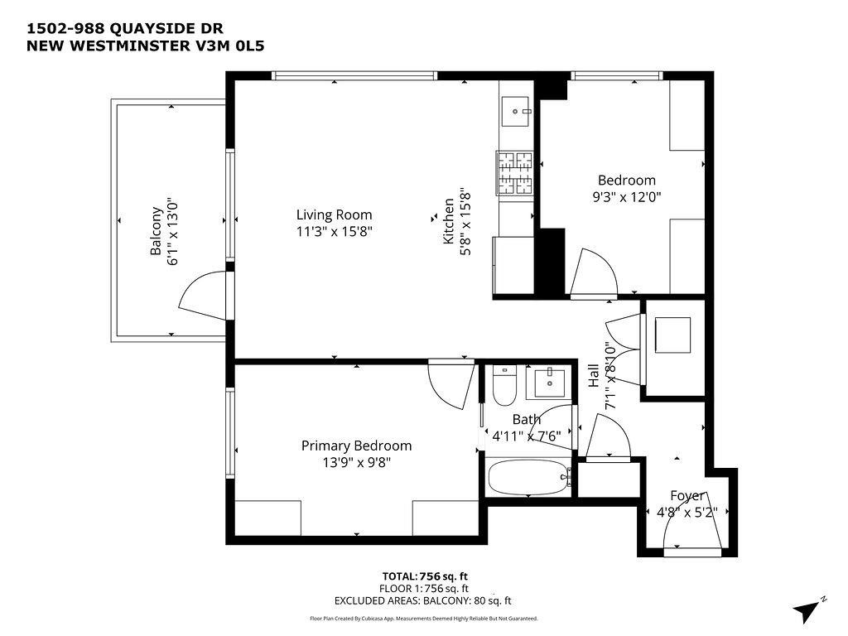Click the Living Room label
click(335, 214)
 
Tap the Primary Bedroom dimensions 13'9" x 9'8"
click(356, 463)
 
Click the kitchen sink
click(517, 109)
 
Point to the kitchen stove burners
click(515, 174)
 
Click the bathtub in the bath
click(527, 478)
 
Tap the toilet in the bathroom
click(503, 387)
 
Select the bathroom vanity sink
click(550, 383)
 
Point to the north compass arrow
click(807, 610)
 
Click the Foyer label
click(687, 495)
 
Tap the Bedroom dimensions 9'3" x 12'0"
click(626, 197)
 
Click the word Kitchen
click(449, 220)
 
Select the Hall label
click(594, 377)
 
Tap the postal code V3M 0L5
click(242, 46)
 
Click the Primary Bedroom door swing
click(450, 383)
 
